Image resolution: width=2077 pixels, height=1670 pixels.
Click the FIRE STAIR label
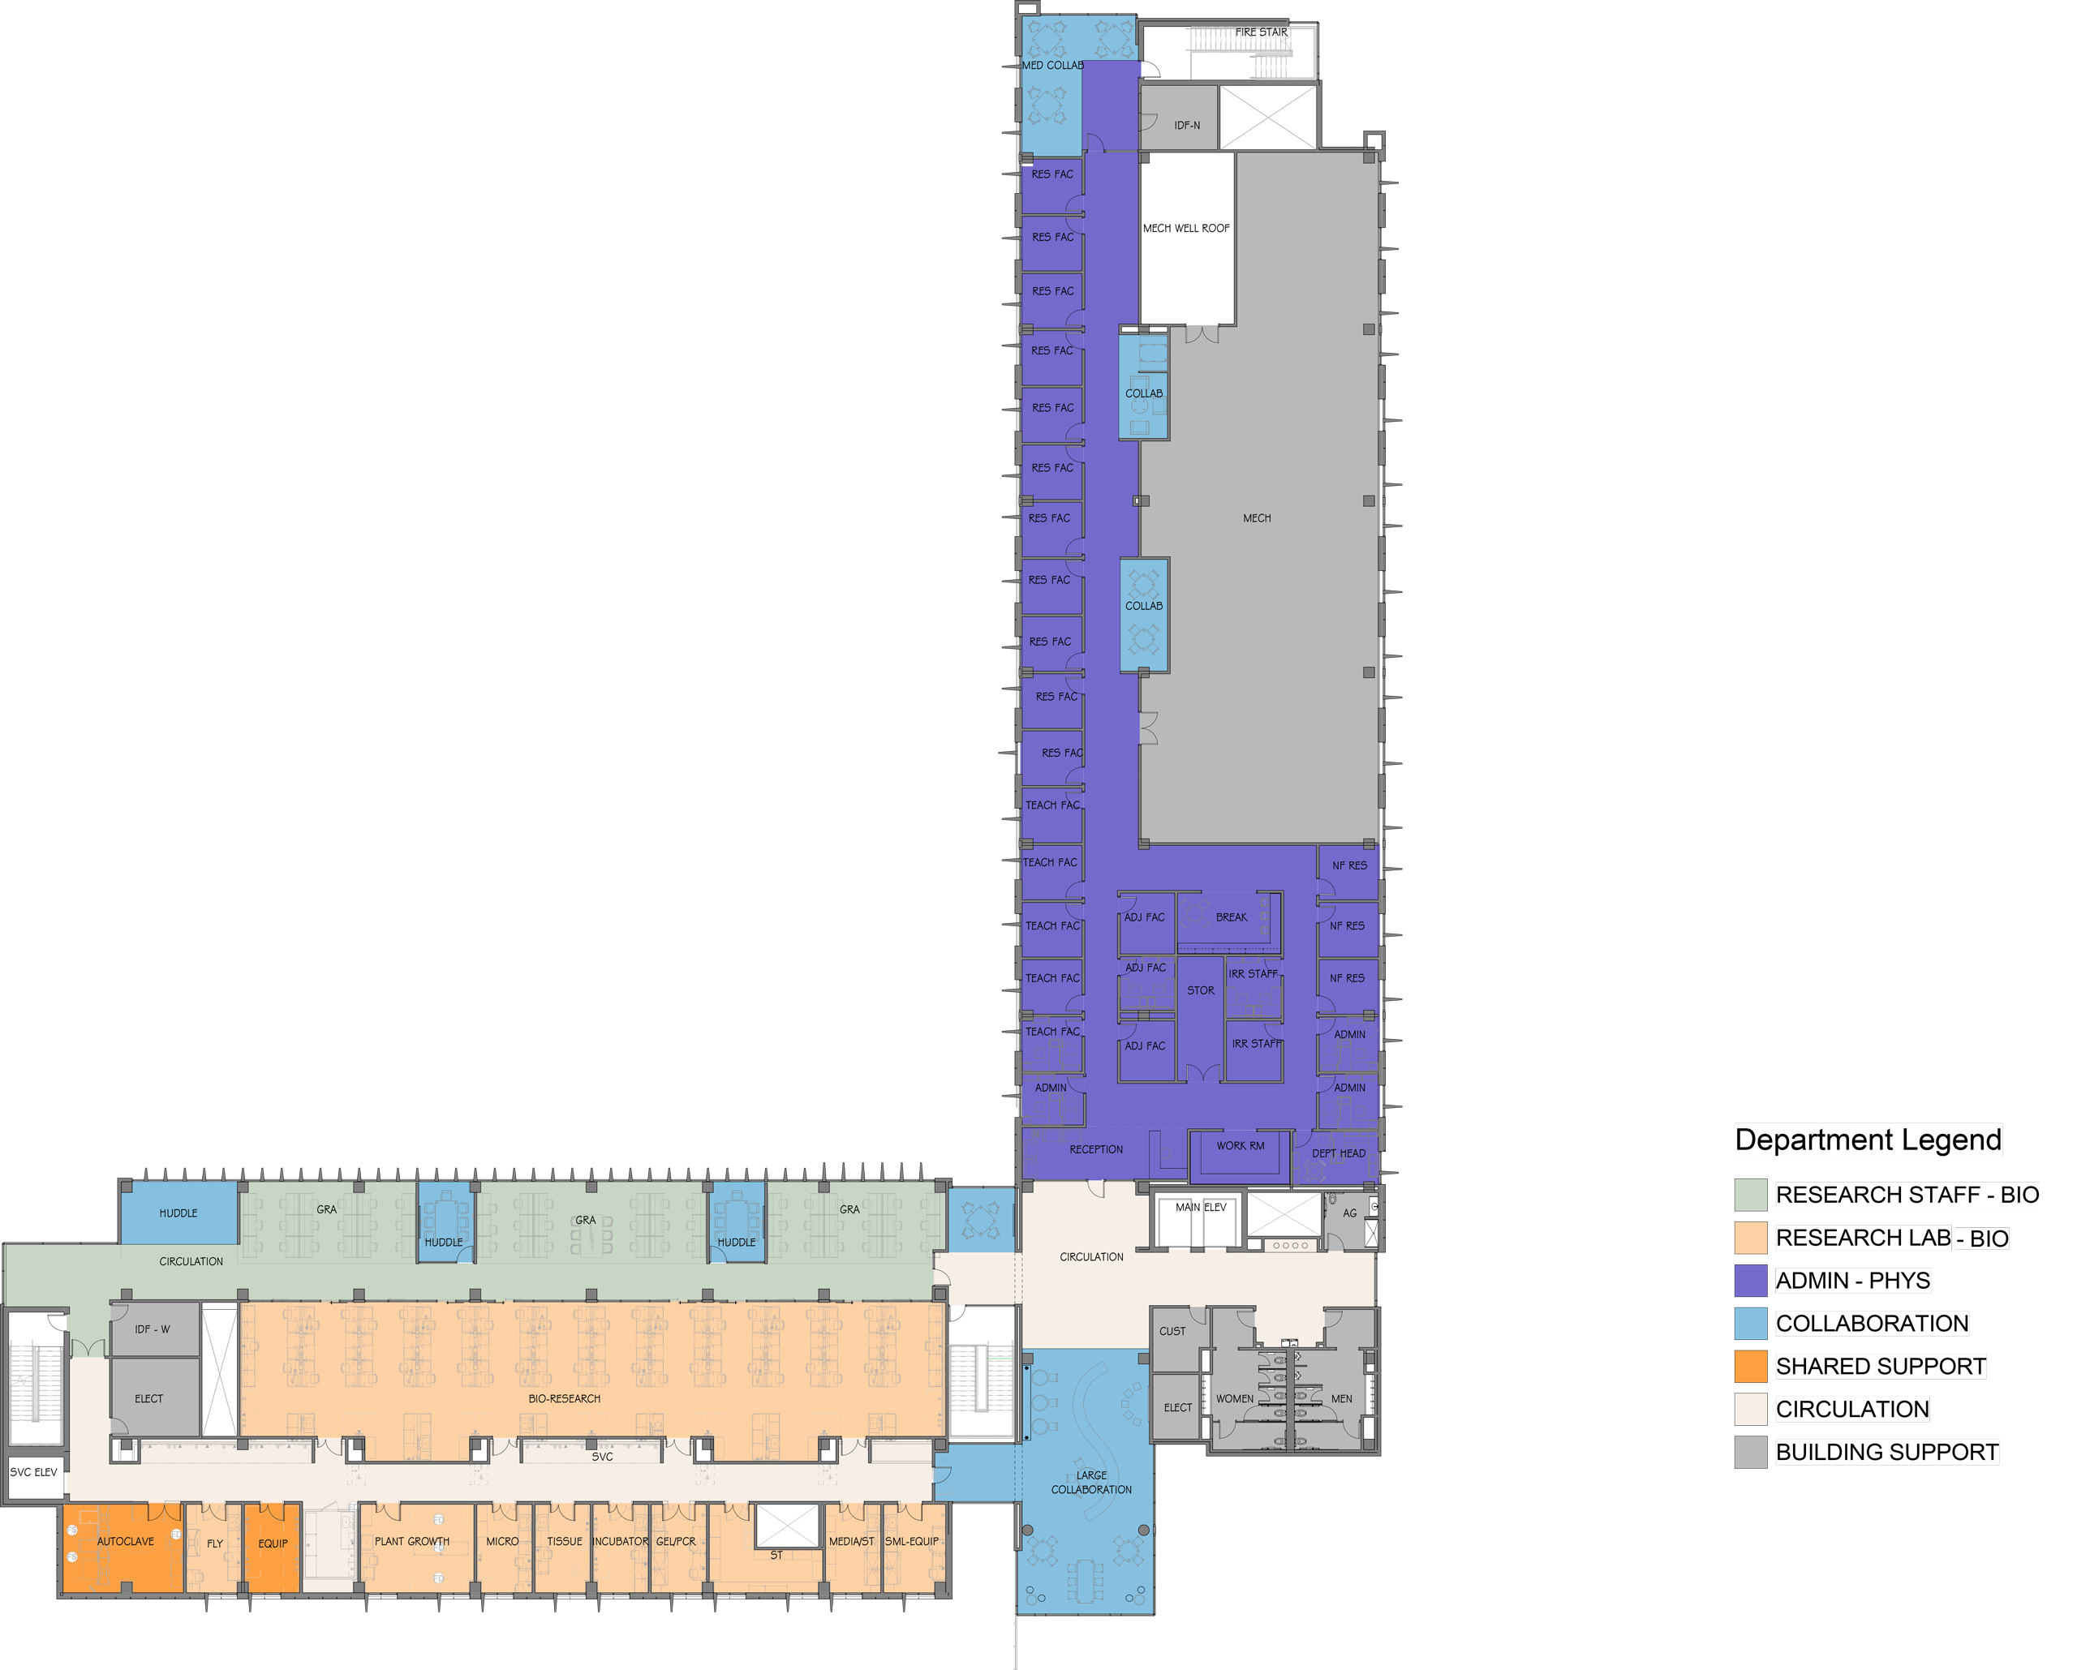coord(1261,32)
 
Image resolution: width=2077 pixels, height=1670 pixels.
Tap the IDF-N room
coord(1179,118)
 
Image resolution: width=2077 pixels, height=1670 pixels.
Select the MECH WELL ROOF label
coord(1186,228)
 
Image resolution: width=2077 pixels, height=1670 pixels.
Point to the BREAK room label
coord(1231,917)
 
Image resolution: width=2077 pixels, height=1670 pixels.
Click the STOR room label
coord(1200,990)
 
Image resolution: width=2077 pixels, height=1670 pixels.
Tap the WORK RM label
coord(1240,1145)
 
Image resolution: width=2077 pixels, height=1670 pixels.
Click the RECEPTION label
coord(1096,1149)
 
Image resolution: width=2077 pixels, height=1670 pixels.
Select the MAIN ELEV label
coord(1200,1207)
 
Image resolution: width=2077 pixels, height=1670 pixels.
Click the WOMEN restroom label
coord(1234,1398)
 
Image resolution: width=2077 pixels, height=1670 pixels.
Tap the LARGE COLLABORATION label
coord(1091,1482)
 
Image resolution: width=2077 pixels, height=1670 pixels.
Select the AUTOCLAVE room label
coord(125,1541)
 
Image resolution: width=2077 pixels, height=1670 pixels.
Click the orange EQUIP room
coord(272,1547)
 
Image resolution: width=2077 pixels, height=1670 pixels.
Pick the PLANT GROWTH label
coord(411,1541)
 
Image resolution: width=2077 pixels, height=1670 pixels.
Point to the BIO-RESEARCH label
coord(564,1398)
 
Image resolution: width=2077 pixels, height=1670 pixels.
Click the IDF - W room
coord(154,1329)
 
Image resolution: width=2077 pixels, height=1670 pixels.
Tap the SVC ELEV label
coord(34,1471)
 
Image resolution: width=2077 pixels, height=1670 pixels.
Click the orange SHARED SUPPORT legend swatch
coord(1750,1367)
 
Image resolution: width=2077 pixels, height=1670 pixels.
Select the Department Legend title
coord(1868,1140)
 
